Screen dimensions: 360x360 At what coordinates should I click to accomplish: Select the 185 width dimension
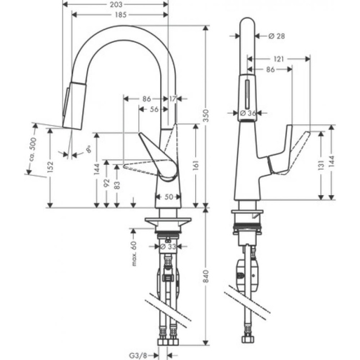(x=120, y=15)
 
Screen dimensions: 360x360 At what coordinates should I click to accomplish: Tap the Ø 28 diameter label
(x=277, y=36)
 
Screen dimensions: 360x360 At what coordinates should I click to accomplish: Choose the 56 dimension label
(x=154, y=109)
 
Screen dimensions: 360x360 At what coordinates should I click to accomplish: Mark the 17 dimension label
(x=173, y=98)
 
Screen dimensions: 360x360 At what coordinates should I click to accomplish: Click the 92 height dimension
(x=106, y=184)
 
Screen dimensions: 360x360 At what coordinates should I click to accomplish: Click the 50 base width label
(x=169, y=197)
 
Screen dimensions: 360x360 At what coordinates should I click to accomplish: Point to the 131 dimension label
(x=321, y=164)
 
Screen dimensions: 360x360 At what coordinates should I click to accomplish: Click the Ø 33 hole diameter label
(x=167, y=247)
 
